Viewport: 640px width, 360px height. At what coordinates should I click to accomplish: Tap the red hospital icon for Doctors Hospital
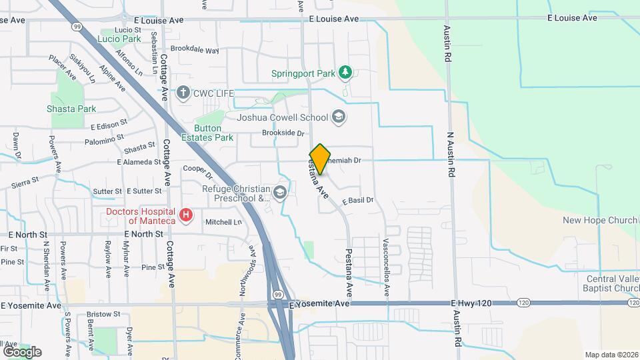tap(187, 216)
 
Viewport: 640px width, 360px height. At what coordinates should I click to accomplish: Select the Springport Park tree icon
tap(345, 71)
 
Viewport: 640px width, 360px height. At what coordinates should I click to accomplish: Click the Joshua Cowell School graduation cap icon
tap(339, 117)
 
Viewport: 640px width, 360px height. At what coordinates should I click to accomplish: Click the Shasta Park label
tap(71, 109)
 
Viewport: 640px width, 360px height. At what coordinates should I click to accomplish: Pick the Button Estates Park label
tap(213, 133)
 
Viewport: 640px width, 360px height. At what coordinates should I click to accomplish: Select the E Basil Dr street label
tap(357, 200)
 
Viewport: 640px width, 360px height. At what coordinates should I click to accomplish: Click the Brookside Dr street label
tap(278, 133)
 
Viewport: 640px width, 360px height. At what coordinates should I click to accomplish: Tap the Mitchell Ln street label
tap(223, 222)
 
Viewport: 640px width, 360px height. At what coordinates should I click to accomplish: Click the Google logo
tap(22, 351)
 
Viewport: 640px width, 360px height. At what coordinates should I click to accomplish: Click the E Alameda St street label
tap(139, 161)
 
